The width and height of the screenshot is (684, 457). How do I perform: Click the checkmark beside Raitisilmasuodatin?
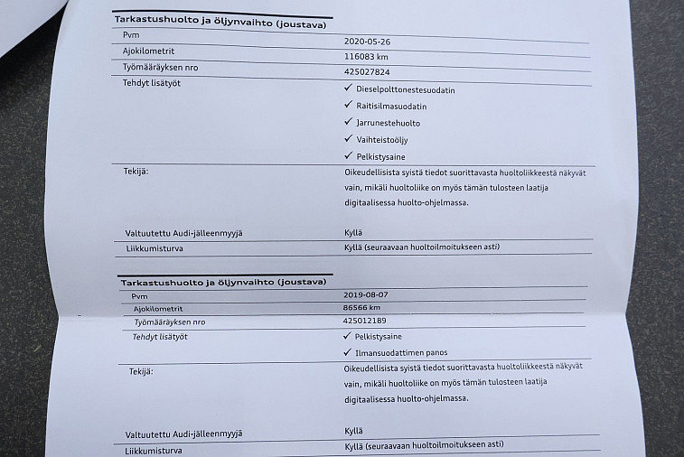point(348,105)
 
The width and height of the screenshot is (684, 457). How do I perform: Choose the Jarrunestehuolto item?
point(388,122)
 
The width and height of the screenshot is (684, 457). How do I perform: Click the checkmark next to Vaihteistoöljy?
point(348,138)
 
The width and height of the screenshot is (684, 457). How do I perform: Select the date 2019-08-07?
point(366,294)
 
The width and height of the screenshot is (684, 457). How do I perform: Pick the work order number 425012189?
point(366,321)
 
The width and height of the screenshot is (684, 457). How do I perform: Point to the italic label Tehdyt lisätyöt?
point(161,336)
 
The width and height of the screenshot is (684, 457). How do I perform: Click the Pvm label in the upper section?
point(131,35)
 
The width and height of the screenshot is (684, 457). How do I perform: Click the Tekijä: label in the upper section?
point(136,170)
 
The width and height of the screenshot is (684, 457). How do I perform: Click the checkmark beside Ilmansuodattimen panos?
point(348,351)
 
